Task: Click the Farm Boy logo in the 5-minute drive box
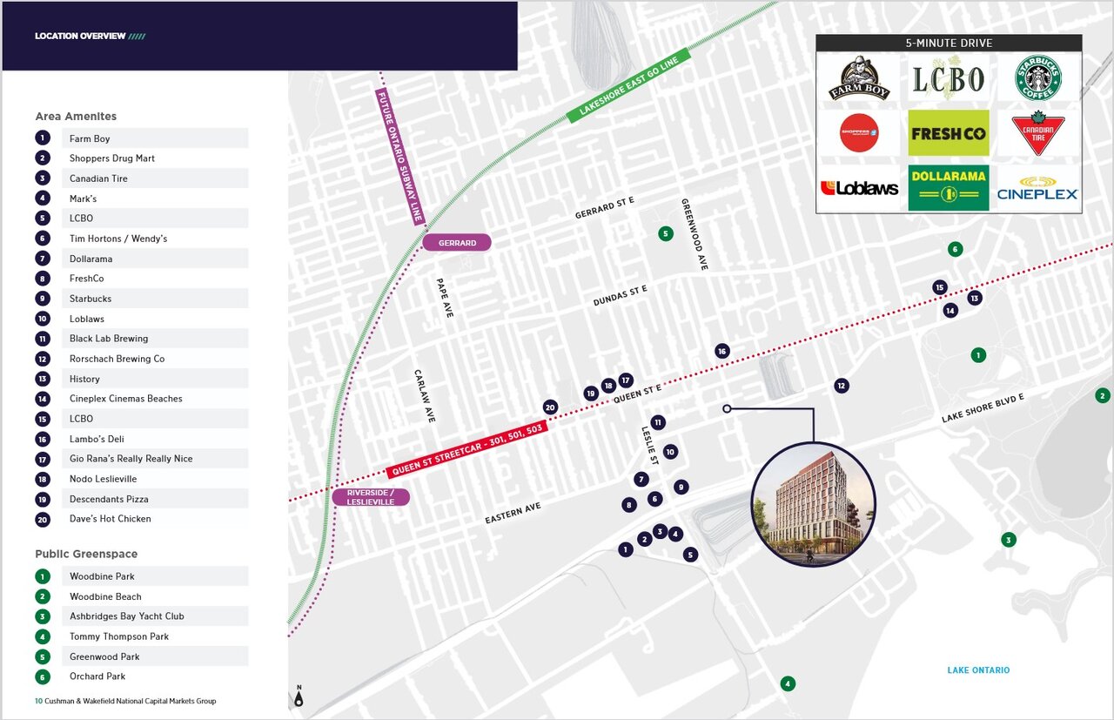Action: (858, 79)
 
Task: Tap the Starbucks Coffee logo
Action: (1037, 78)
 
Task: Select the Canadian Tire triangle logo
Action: (1037, 133)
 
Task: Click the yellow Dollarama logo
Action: (948, 187)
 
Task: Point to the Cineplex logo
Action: (1037, 188)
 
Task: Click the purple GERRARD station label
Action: (457, 243)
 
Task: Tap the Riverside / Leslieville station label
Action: (371, 497)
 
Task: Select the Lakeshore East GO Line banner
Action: (629, 85)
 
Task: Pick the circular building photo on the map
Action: (813, 503)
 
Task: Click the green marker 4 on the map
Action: (788, 683)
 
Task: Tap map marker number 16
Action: (721, 351)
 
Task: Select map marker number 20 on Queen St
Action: (550, 407)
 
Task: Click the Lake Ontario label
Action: (978, 670)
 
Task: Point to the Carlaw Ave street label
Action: (424, 396)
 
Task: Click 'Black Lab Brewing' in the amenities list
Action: (109, 339)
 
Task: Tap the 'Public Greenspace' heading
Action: (86, 554)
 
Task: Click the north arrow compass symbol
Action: (299, 696)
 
